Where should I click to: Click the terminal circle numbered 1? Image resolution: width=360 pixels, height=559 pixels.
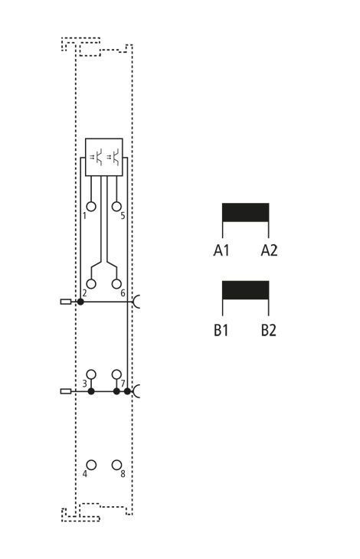tap(91, 207)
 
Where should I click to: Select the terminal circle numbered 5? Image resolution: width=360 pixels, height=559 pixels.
tap(116, 207)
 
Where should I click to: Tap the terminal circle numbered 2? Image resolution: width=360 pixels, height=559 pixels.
tap(91, 284)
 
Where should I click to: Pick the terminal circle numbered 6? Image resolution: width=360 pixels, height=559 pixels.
tap(116, 284)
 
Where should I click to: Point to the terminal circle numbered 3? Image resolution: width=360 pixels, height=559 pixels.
tap(91, 374)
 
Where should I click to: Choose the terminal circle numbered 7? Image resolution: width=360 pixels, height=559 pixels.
tap(116, 374)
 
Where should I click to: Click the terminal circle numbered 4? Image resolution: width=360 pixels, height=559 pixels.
tap(91, 465)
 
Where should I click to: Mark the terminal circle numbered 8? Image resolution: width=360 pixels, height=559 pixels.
tap(116, 465)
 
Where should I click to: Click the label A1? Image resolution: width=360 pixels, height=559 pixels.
tap(221, 250)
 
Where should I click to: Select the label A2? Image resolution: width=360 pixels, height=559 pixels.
tap(269, 250)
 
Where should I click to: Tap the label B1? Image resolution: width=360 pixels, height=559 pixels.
tap(221, 330)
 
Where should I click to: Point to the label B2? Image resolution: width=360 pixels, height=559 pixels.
tap(269, 330)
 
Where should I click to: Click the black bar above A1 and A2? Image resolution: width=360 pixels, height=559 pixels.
tap(246, 212)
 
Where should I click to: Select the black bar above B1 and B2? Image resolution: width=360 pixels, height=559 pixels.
tap(246, 290)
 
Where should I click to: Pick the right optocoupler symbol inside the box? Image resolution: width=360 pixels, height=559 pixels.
tap(113, 157)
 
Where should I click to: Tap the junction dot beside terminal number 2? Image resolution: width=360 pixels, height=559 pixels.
tap(80, 302)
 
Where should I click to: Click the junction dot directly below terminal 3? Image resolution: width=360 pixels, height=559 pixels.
tap(91, 391)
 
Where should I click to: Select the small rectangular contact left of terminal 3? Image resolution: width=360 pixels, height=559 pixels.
tap(66, 391)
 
